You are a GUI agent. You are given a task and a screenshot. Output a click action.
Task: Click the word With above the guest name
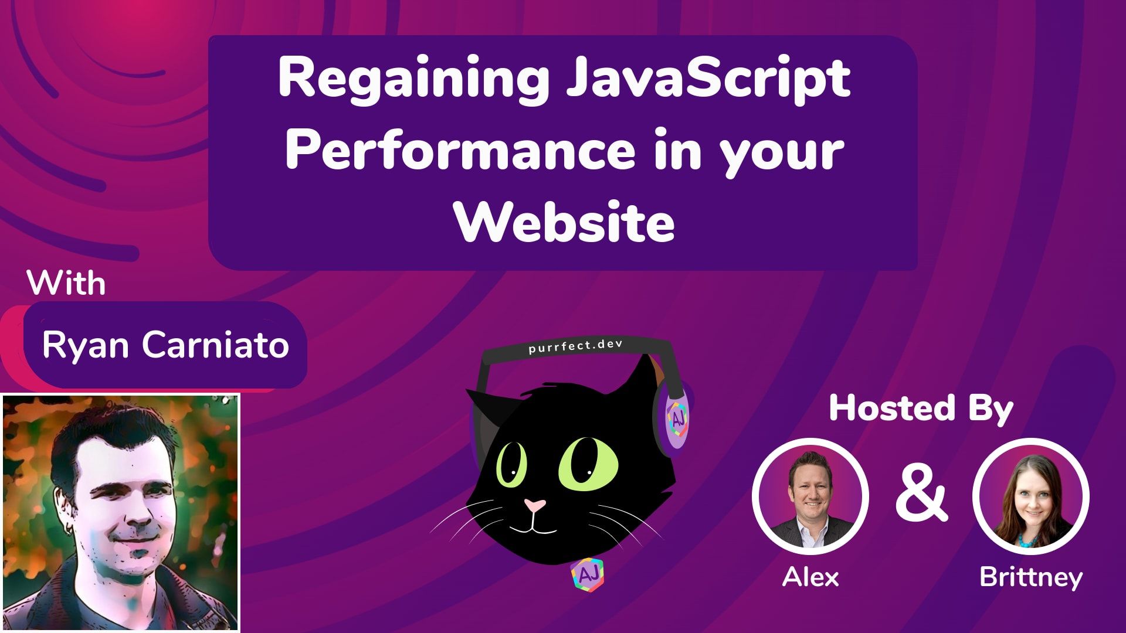coord(66,284)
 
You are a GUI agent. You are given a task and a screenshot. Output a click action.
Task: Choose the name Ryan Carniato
coord(165,345)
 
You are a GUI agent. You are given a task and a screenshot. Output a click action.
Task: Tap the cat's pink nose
coord(534,505)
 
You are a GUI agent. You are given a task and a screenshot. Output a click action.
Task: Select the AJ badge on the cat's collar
coord(587,576)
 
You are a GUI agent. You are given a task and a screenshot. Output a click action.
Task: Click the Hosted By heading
coord(921,409)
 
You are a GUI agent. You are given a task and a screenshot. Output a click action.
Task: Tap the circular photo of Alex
coord(810,497)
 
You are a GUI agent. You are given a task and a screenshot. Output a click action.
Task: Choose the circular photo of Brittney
coord(1030,497)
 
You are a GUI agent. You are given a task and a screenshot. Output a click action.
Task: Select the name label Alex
coord(810,577)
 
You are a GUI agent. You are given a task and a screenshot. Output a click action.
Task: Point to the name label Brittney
coord(1030,577)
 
